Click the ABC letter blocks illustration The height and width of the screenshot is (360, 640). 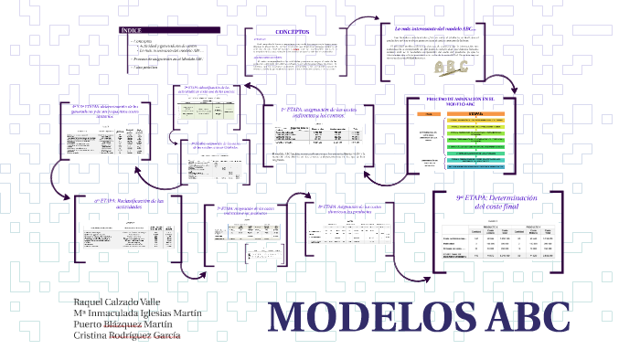(451, 68)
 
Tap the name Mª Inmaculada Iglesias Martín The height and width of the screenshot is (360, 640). (137, 312)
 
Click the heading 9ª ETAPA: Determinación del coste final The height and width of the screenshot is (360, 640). (499, 201)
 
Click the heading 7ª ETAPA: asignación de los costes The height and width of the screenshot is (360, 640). (245, 210)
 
